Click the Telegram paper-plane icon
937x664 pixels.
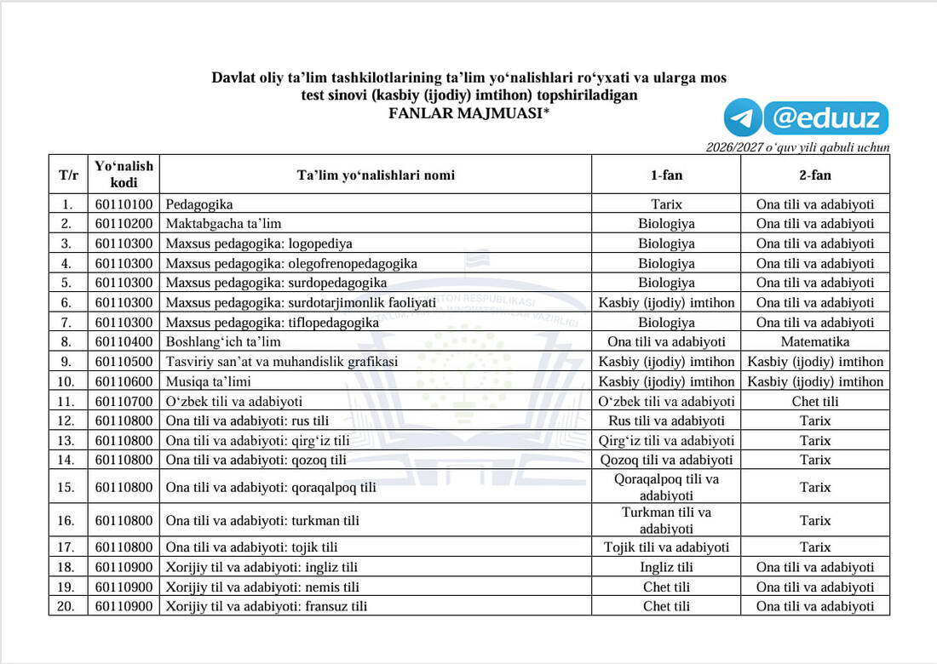click(x=743, y=118)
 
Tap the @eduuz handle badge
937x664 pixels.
click(x=825, y=118)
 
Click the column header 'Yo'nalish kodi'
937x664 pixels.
click(x=124, y=175)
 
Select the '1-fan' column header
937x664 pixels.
click(x=666, y=175)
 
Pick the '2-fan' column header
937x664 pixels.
click(x=815, y=175)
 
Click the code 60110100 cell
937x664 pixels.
click(x=124, y=204)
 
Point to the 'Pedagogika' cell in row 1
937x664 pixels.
click(x=199, y=204)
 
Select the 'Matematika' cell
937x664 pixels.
click(x=815, y=341)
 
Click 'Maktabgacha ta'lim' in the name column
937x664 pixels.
click(x=223, y=224)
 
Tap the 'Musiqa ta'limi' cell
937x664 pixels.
click(x=209, y=381)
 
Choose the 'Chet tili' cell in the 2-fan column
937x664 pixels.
click(x=815, y=401)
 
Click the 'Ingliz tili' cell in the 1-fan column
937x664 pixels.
click(x=666, y=567)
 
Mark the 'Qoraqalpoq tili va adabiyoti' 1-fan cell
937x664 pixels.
click(x=666, y=487)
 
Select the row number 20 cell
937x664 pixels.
click(x=68, y=606)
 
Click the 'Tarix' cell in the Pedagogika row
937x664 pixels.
click(x=666, y=204)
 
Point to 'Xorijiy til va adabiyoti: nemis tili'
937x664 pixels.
click(x=262, y=587)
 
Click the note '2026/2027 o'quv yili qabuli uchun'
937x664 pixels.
click(x=797, y=147)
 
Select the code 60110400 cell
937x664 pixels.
click(x=124, y=341)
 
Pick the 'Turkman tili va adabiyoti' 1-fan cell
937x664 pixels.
click(x=666, y=520)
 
